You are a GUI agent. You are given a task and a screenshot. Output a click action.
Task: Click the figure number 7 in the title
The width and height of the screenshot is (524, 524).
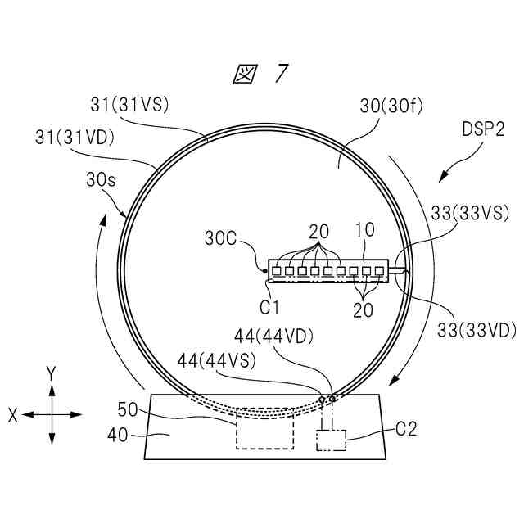click(281, 73)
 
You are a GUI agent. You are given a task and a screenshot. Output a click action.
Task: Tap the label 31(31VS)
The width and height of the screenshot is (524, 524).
click(130, 105)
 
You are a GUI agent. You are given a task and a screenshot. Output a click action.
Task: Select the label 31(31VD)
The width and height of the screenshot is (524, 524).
click(75, 138)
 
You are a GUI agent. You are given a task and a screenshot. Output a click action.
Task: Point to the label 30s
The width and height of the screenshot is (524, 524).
click(101, 180)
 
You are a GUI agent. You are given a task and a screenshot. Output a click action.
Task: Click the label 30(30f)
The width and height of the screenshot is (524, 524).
click(391, 106)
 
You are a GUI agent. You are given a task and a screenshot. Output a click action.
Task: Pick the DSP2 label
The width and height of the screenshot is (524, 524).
click(483, 129)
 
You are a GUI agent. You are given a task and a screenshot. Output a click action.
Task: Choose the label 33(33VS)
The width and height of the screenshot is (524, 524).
click(470, 213)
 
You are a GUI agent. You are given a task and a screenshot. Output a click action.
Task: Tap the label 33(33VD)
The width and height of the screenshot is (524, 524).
click(477, 330)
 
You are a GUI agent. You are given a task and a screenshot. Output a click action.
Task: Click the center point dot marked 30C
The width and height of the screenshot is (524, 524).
click(264, 270)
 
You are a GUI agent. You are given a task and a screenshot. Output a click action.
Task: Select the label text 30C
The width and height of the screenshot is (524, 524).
click(220, 238)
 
